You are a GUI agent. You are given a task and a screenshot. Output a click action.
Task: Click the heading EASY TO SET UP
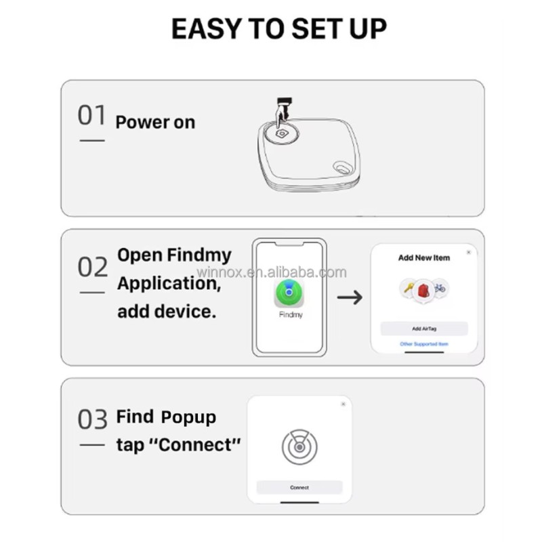click(278, 29)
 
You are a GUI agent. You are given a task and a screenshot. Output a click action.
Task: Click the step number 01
click(92, 116)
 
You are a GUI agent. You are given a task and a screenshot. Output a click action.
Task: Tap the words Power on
click(155, 123)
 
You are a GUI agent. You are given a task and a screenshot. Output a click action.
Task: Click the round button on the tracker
click(282, 134)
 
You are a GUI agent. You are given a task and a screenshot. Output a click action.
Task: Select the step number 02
click(92, 267)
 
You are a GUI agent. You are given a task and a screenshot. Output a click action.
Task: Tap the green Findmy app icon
click(289, 293)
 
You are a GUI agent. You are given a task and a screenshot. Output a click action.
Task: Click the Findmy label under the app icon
click(290, 315)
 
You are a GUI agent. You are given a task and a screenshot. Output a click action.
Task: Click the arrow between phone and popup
click(350, 297)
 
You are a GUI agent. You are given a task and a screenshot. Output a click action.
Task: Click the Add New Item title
click(423, 257)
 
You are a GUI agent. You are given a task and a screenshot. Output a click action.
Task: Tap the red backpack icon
click(423, 290)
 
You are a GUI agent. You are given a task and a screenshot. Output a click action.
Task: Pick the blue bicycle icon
click(439, 289)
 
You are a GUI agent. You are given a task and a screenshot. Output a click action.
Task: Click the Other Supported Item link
click(423, 344)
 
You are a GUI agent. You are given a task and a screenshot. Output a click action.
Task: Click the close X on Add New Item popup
click(468, 252)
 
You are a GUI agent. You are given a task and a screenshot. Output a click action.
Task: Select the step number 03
click(92, 419)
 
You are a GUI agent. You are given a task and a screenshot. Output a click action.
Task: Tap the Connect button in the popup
click(299, 487)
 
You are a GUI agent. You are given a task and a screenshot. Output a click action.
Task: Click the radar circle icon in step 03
click(299, 446)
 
